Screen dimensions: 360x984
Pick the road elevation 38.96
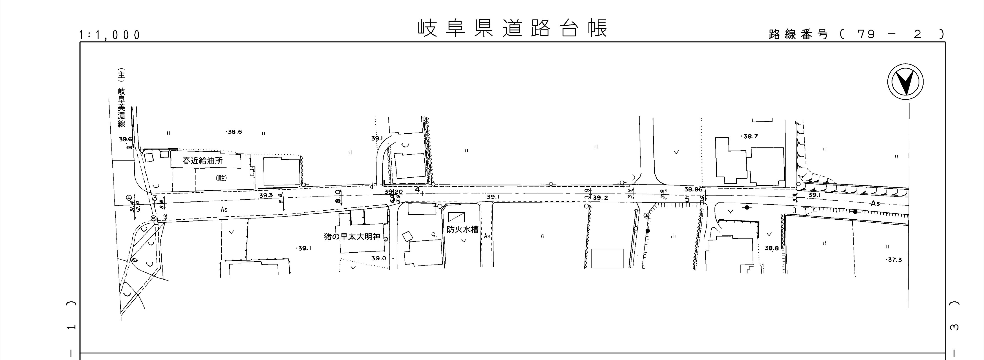click(693, 189)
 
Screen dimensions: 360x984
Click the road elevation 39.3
click(266, 195)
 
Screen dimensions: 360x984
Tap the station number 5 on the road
click(687, 199)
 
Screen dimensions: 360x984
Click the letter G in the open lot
click(542, 236)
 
